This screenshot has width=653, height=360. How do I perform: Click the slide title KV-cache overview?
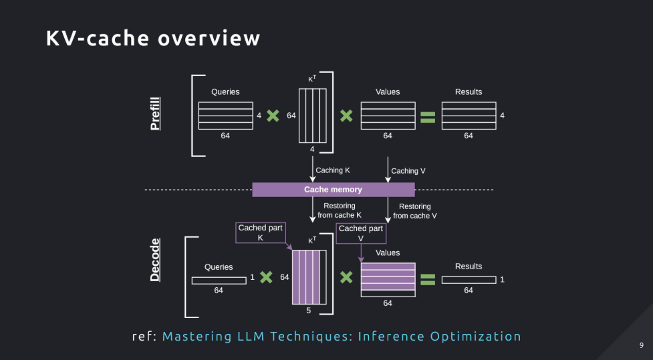(x=153, y=38)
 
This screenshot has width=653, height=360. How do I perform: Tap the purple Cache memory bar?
(x=333, y=190)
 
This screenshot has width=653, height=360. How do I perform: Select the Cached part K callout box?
(x=260, y=232)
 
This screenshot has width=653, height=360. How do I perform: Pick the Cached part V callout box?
(x=361, y=233)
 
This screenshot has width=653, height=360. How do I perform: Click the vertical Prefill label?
(x=155, y=114)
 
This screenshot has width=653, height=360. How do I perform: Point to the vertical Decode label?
(x=155, y=260)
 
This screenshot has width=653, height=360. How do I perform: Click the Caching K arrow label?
(x=333, y=170)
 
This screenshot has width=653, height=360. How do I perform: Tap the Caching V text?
(x=408, y=170)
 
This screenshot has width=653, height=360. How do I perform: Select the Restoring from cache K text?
(x=340, y=210)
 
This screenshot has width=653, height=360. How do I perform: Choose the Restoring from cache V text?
(x=415, y=211)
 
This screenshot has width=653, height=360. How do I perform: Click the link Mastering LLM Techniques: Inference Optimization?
(x=342, y=336)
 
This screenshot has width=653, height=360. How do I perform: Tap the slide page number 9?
(x=642, y=345)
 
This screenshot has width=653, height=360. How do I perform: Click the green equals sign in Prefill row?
(x=428, y=117)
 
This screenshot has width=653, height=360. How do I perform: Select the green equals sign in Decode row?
(x=428, y=279)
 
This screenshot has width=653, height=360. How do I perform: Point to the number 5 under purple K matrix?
(x=309, y=311)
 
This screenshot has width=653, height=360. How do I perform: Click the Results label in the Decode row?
(x=469, y=266)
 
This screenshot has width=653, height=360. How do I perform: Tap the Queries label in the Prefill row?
(x=225, y=92)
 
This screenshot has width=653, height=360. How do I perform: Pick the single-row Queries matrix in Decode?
(x=219, y=281)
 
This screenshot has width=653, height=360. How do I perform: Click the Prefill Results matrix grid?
(x=469, y=116)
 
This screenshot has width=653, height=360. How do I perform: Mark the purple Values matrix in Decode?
(x=388, y=280)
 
